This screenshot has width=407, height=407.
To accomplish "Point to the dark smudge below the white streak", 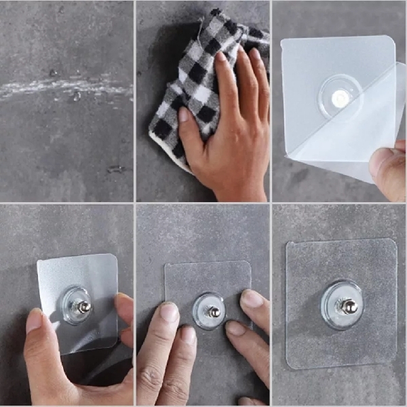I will tap(115, 169).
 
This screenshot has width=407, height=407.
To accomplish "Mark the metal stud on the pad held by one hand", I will tap(84, 307).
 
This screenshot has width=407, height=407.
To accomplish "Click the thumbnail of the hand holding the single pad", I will tap(34, 320).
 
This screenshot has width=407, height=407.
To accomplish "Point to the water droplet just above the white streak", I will tap(53, 73).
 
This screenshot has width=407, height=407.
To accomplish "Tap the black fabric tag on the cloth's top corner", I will tap(215, 13).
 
